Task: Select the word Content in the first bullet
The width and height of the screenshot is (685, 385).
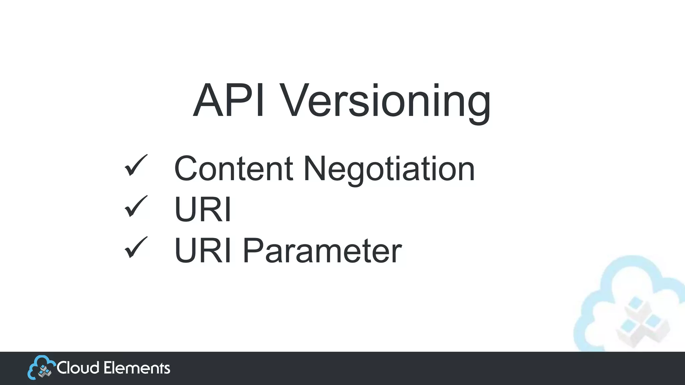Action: (233, 168)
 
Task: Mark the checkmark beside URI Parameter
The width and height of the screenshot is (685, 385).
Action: (135, 248)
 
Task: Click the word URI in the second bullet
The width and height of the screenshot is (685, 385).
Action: (203, 210)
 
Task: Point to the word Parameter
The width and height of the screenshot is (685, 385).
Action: (322, 251)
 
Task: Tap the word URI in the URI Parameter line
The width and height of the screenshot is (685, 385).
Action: (203, 251)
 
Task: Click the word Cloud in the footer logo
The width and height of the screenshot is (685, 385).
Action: (78, 368)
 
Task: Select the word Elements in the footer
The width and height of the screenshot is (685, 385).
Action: (136, 368)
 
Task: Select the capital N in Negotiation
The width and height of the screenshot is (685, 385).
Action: (314, 168)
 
